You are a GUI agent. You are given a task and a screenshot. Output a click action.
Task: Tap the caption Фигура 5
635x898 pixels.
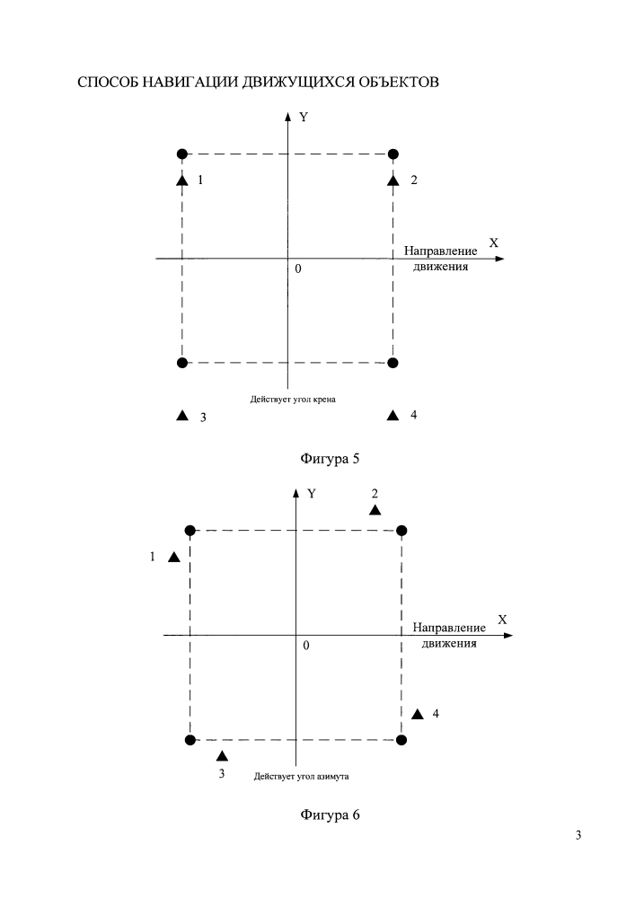tap(330, 459)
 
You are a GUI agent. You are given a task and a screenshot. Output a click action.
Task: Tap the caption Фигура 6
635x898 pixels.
tap(330, 815)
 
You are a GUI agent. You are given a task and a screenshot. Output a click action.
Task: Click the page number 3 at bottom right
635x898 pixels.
tap(578, 835)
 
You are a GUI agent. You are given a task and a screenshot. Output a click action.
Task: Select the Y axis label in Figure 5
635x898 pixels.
tap(304, 117)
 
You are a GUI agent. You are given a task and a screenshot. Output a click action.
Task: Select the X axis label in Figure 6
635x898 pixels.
tap(502, 620)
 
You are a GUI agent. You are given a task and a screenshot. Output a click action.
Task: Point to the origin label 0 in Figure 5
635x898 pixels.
tap(298, 269)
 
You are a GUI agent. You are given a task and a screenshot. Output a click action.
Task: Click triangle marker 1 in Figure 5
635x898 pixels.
tap(182, 180)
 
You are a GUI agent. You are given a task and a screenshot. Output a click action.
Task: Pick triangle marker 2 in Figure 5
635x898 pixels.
tap(392, 180)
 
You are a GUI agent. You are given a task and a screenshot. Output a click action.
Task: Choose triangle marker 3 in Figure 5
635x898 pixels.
tap(182, 415)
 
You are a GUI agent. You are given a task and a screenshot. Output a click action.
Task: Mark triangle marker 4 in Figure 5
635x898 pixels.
tap(392, 415)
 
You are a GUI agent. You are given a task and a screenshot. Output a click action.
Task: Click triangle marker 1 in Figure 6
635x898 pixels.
tap(174, 557)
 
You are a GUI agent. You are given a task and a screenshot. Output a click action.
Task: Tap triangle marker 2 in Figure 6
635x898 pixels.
tap(375, 509)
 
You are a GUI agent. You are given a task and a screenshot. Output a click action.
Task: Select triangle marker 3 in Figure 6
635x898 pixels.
tap(222, 756)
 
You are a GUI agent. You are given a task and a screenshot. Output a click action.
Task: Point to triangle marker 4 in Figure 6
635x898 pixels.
tap(418, 714)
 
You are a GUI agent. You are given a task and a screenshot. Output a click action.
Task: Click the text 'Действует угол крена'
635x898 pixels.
tap(293, 400)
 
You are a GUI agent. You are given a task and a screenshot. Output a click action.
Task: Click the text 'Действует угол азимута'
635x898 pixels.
tap(301, 777)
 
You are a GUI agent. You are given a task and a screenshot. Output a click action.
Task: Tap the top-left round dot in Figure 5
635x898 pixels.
tap(182, 154)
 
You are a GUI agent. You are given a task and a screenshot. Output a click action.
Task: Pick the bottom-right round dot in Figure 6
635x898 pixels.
tap(401, 740)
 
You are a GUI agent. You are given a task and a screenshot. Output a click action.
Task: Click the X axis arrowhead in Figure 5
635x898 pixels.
tap(500, 259)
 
